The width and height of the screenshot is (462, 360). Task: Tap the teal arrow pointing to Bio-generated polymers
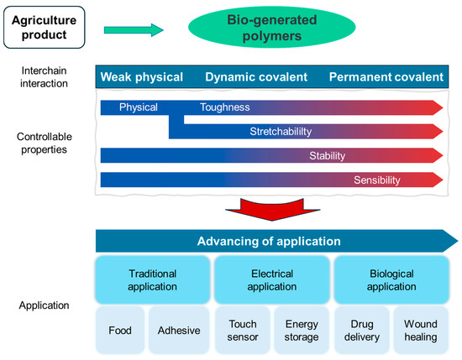click(x=134, y=30)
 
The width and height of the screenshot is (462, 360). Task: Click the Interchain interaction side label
click(x=45, y=77)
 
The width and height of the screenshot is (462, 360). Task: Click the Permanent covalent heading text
click(x=386, y=77)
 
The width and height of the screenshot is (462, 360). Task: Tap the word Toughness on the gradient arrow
click(x=225, y=107)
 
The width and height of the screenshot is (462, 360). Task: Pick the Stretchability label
click(x=280, y=132)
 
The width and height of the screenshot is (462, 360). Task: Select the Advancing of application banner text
click(x=269, y=242)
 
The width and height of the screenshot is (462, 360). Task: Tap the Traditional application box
click(x=152, y=279)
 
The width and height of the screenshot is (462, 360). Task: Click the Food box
click(x=120, y=330)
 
